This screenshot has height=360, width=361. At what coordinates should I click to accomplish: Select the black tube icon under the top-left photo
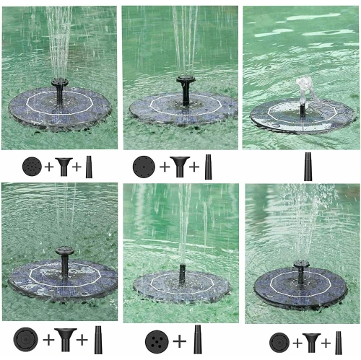[90, 167]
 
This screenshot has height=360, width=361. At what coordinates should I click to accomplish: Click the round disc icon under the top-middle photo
[144, 167]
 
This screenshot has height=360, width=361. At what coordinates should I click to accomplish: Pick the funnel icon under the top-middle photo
[178, 167]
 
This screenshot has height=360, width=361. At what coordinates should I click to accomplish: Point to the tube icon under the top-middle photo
[208, 167]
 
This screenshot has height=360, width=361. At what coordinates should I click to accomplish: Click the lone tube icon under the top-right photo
[308, 166]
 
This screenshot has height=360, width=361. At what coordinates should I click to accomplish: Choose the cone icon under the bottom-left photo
[99, 339]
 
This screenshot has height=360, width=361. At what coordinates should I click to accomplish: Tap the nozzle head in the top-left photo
[59, 84]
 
